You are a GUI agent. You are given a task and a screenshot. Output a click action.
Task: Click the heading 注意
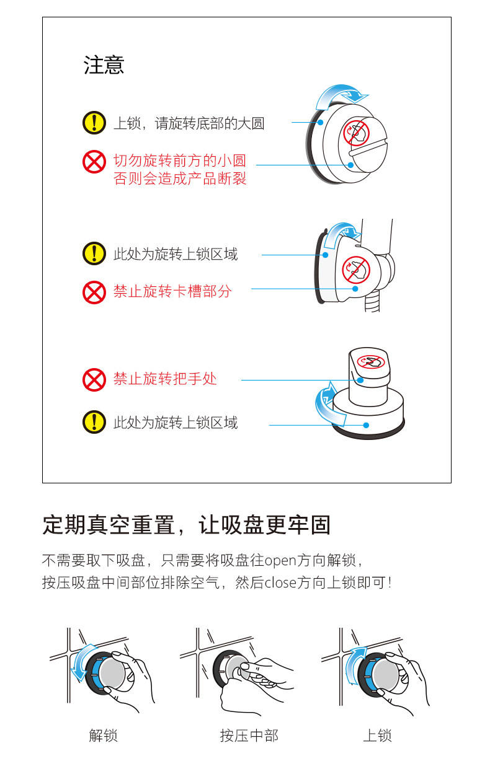(x=104, y=65)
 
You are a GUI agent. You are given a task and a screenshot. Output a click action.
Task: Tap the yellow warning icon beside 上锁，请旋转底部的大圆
(x=94, y=123)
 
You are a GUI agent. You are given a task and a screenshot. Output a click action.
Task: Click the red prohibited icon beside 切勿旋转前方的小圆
(x=94, y=162)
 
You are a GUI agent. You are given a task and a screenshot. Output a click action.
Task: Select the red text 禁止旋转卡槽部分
(x=172, y=291)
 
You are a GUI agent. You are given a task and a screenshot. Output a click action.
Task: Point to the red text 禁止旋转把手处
(x=165, y=379)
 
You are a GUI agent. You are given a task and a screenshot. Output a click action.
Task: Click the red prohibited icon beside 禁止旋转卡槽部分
(x=94, y=292)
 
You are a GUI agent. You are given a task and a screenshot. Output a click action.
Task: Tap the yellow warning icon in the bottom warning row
(x=94, y=423)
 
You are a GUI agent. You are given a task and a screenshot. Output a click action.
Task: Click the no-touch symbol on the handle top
(x=370, y=361)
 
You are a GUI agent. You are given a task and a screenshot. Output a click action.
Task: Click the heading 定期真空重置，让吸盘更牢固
(x=186, y=525)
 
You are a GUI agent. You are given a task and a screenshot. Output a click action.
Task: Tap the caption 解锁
(x=103, y=736)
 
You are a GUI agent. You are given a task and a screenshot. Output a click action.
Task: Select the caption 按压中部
(x=249, y=736)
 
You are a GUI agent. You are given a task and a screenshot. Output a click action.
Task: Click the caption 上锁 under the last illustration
(x=377, y=736)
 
